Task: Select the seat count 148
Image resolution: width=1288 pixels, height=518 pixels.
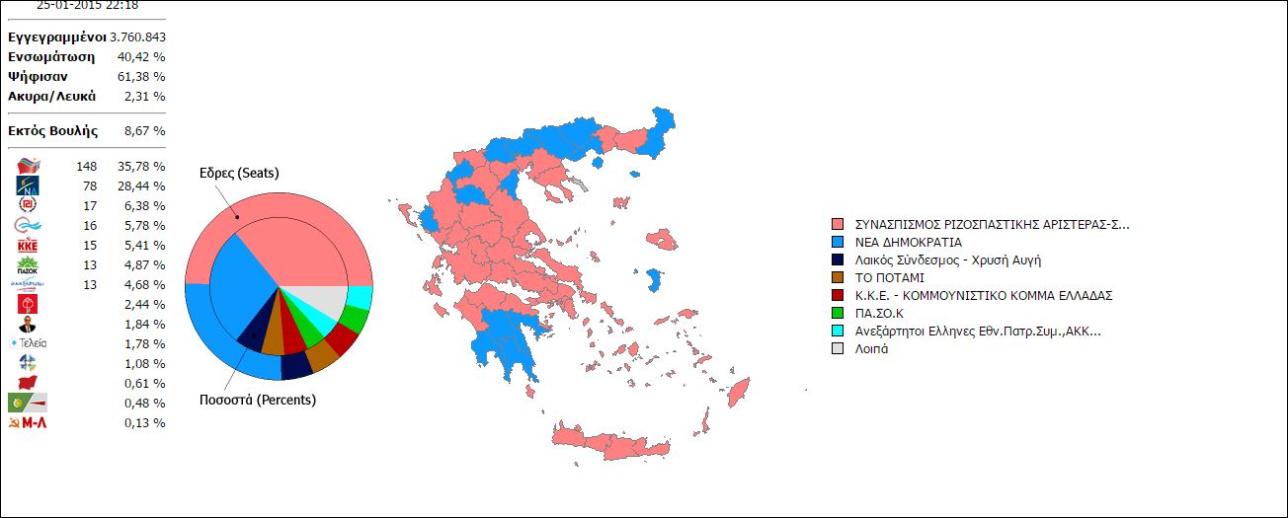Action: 86,166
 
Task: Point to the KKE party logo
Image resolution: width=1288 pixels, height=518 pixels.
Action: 27,245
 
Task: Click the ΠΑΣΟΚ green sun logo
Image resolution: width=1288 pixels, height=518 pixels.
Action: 27,264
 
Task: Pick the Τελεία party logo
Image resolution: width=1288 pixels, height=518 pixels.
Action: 27,343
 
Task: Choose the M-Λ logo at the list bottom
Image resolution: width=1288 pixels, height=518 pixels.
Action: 27,422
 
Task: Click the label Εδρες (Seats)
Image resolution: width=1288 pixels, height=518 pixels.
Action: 239,174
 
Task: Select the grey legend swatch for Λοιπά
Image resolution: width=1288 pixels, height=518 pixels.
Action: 838,348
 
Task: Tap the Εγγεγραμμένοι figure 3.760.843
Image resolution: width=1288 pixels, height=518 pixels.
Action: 137,37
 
